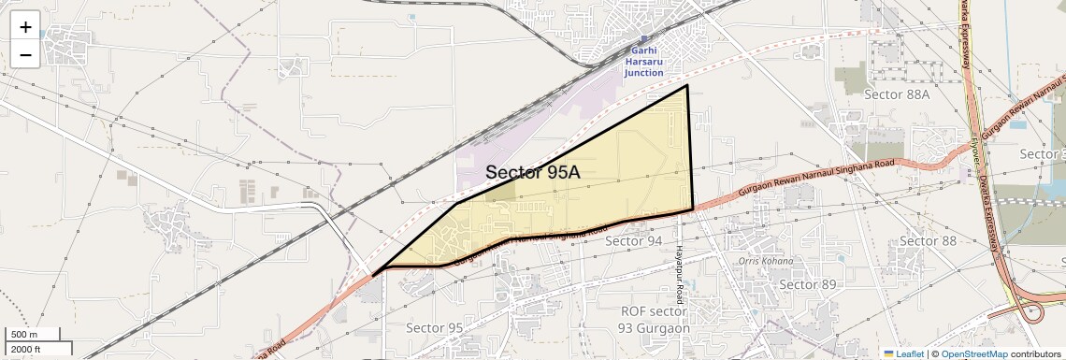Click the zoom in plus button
(x=25, y=26)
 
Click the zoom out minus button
(x=25, y=54)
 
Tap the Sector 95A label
(x=533, y=172)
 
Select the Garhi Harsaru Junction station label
(x=644, y=61)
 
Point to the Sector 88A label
(x=897, y=94)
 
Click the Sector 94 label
(x=633, y=241)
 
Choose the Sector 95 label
(x=434, y=328)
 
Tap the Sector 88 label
(x=928, y=241)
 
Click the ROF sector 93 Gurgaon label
(x=655, y=319)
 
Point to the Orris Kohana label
(x=766, y=261)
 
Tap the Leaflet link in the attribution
(x=904, y=353)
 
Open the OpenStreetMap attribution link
(x=973, y=353)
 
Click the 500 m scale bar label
(x=24, y=335)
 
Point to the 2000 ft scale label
(x=26, y=349)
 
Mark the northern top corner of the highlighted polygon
(x=687, y=85)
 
